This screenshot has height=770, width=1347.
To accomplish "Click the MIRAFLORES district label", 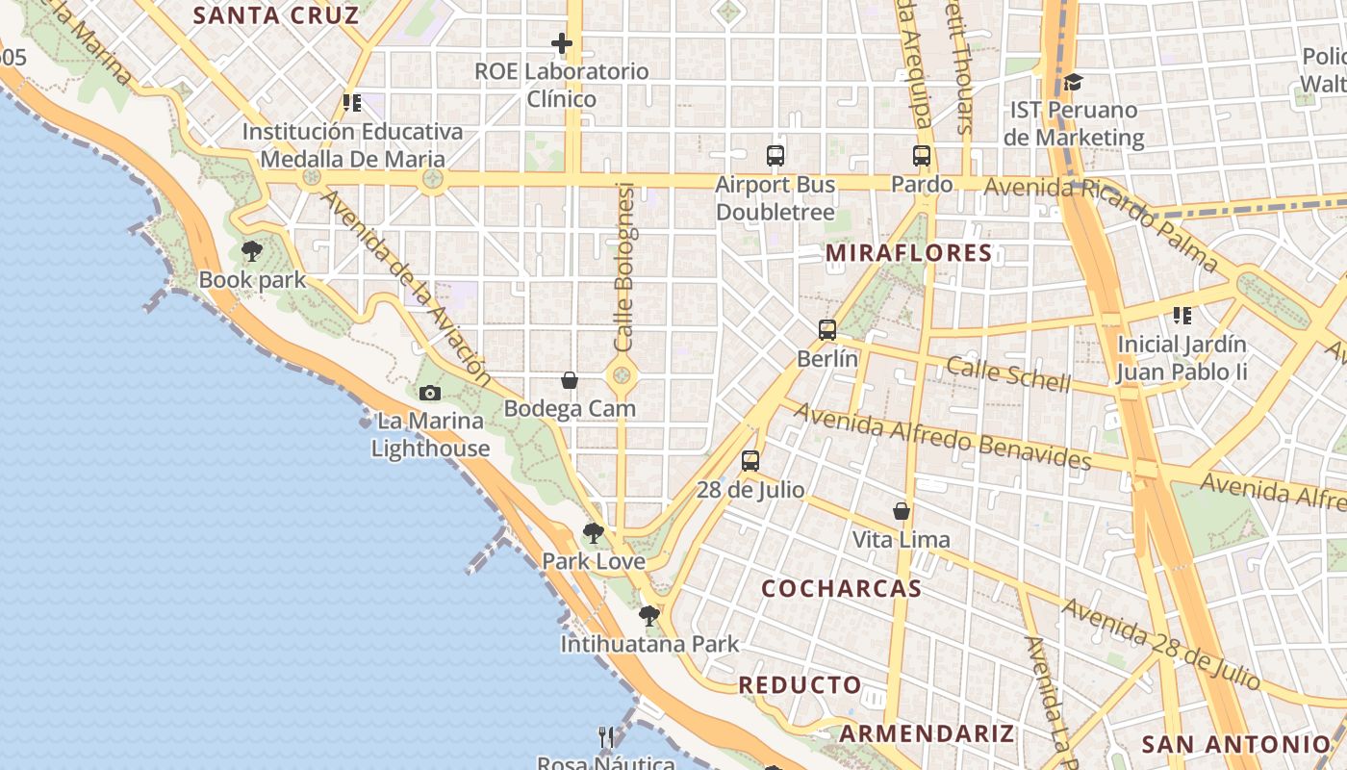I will (908, 253).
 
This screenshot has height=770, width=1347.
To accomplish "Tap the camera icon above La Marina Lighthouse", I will (430, 393).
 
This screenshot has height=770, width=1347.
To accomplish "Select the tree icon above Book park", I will (252, 252).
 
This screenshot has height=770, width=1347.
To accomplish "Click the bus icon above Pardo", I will (922, 155).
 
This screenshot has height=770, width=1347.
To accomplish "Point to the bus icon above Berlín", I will (827, 330).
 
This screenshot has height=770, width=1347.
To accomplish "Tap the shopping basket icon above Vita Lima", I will (902, 511).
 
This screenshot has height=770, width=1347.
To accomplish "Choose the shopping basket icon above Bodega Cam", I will (570, 380).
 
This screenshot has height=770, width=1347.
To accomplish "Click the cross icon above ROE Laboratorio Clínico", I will (562, 43).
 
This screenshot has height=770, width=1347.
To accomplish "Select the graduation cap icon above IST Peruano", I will (1073, 83).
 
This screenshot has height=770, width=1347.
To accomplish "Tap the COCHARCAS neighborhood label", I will (842, 588).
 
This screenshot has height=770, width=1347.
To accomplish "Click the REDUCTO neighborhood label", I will (801, 685).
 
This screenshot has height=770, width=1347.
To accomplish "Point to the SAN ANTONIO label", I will (1235, 744).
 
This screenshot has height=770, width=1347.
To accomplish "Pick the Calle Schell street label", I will (1008, 374).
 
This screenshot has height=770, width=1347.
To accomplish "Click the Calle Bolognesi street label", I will (625, 267).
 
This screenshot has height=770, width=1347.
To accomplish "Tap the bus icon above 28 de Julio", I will (750, 461).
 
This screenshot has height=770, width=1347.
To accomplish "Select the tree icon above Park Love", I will (594, 533).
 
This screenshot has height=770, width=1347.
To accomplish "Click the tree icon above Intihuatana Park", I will (649, 616).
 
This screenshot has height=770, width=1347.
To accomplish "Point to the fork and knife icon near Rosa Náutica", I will (606, 737).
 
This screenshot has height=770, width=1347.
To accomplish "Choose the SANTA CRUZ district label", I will (276, 15).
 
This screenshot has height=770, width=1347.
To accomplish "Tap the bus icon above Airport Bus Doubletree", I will (775, 155).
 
